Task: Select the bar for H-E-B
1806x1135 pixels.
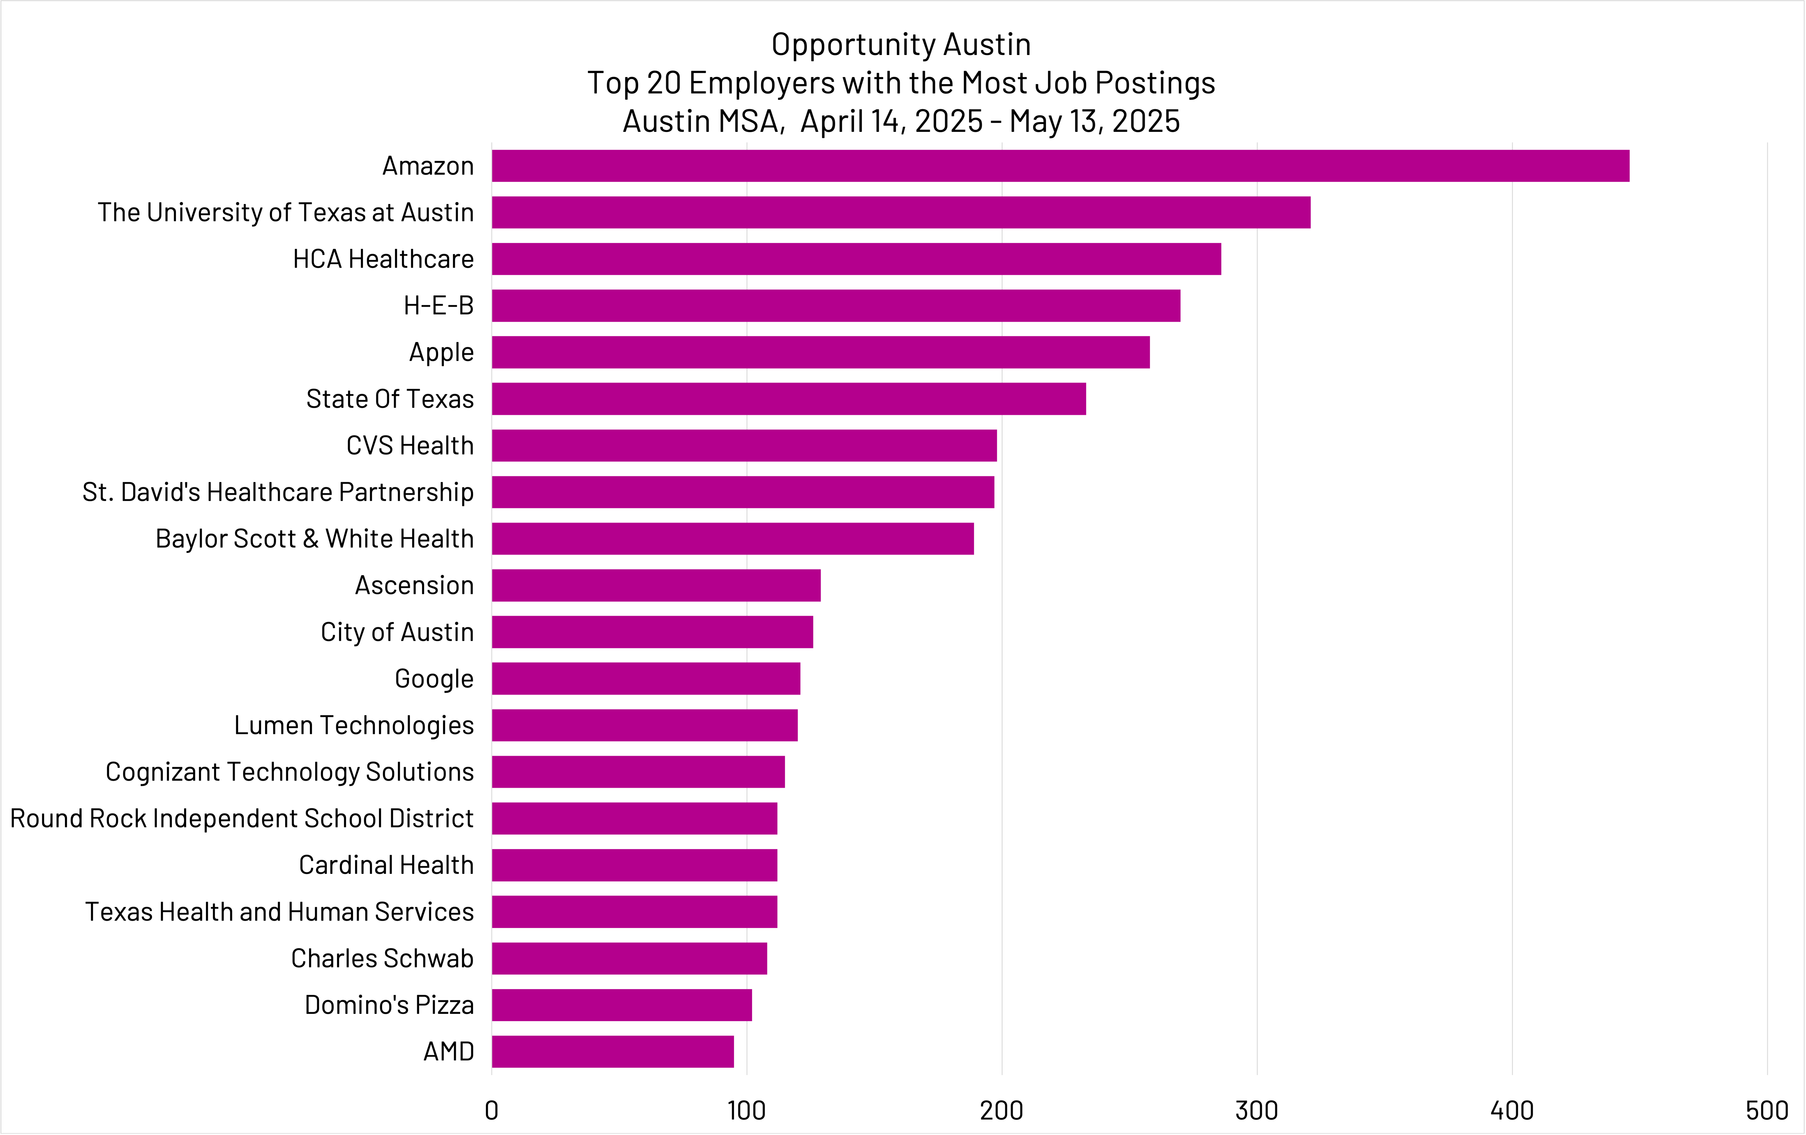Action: pos(836,306)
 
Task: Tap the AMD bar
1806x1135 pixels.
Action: pos(613,1052)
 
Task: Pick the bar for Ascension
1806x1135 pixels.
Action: pos(656,586)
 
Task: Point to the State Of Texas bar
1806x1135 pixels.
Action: pos(788,399)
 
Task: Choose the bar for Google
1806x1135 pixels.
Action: pos(646,678)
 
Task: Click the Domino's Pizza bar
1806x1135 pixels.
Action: pos(622,1005)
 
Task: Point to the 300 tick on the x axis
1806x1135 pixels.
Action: pos(1257,1110)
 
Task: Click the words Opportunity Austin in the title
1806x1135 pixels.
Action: pos(901,45)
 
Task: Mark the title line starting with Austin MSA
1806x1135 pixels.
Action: pos(901,121)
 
